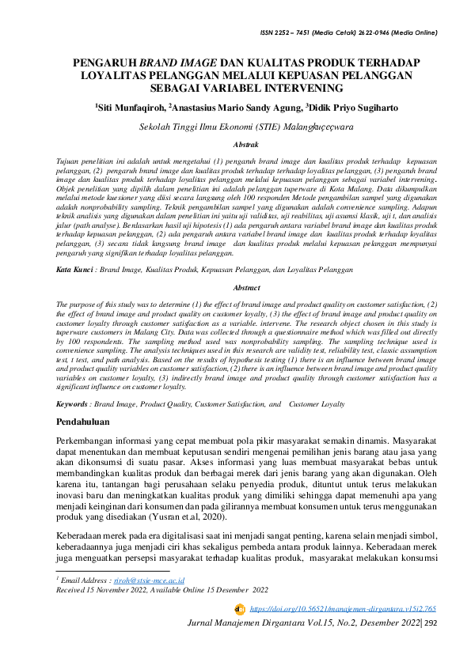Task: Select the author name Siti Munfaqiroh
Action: click(x=131, y=107)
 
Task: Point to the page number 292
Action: click(x=431, y=624)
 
